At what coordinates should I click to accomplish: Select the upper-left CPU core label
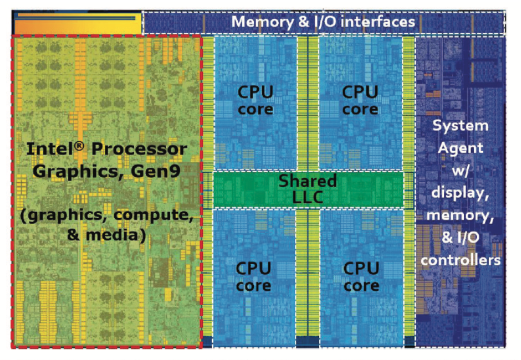pos(256,100)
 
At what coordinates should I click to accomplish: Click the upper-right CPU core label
pos(360,100)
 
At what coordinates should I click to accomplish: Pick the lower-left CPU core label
pos(254,277)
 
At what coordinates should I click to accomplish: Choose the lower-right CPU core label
pos(361,277)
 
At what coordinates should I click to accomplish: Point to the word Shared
pos(308,181)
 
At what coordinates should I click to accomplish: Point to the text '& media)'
pos(106,235)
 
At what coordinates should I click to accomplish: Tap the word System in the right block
pos(461,126)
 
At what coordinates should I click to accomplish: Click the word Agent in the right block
pos(460,148)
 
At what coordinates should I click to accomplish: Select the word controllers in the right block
pos(461,259)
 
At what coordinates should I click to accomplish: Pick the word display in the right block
pos(461,193)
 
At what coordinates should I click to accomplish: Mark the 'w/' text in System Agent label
pos(461,170)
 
